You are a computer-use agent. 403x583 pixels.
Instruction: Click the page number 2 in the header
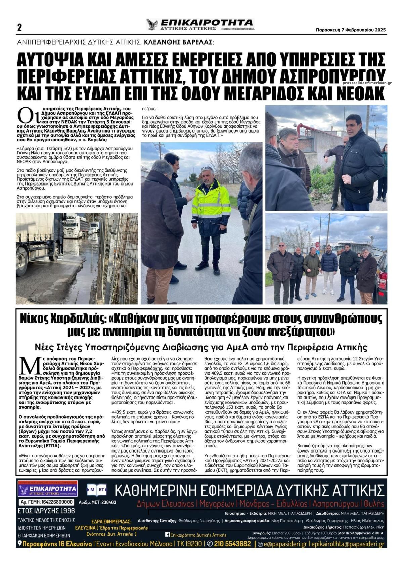pyautogui.click(x=19, y=28)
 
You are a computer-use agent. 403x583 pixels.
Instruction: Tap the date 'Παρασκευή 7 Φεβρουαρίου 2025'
pyautogui.click(x=351, y=30)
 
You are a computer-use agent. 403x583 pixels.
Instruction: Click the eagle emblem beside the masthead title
pyautogui.click(x=152, y=25)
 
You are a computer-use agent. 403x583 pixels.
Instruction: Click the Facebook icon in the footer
pyautogui.click(x=167, y=535)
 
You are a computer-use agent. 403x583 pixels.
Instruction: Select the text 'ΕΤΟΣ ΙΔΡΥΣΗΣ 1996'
pyautogui.click(x=46, y=511)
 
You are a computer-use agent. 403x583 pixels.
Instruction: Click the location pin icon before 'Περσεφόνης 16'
pyautogui.click(x=20, y=544)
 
